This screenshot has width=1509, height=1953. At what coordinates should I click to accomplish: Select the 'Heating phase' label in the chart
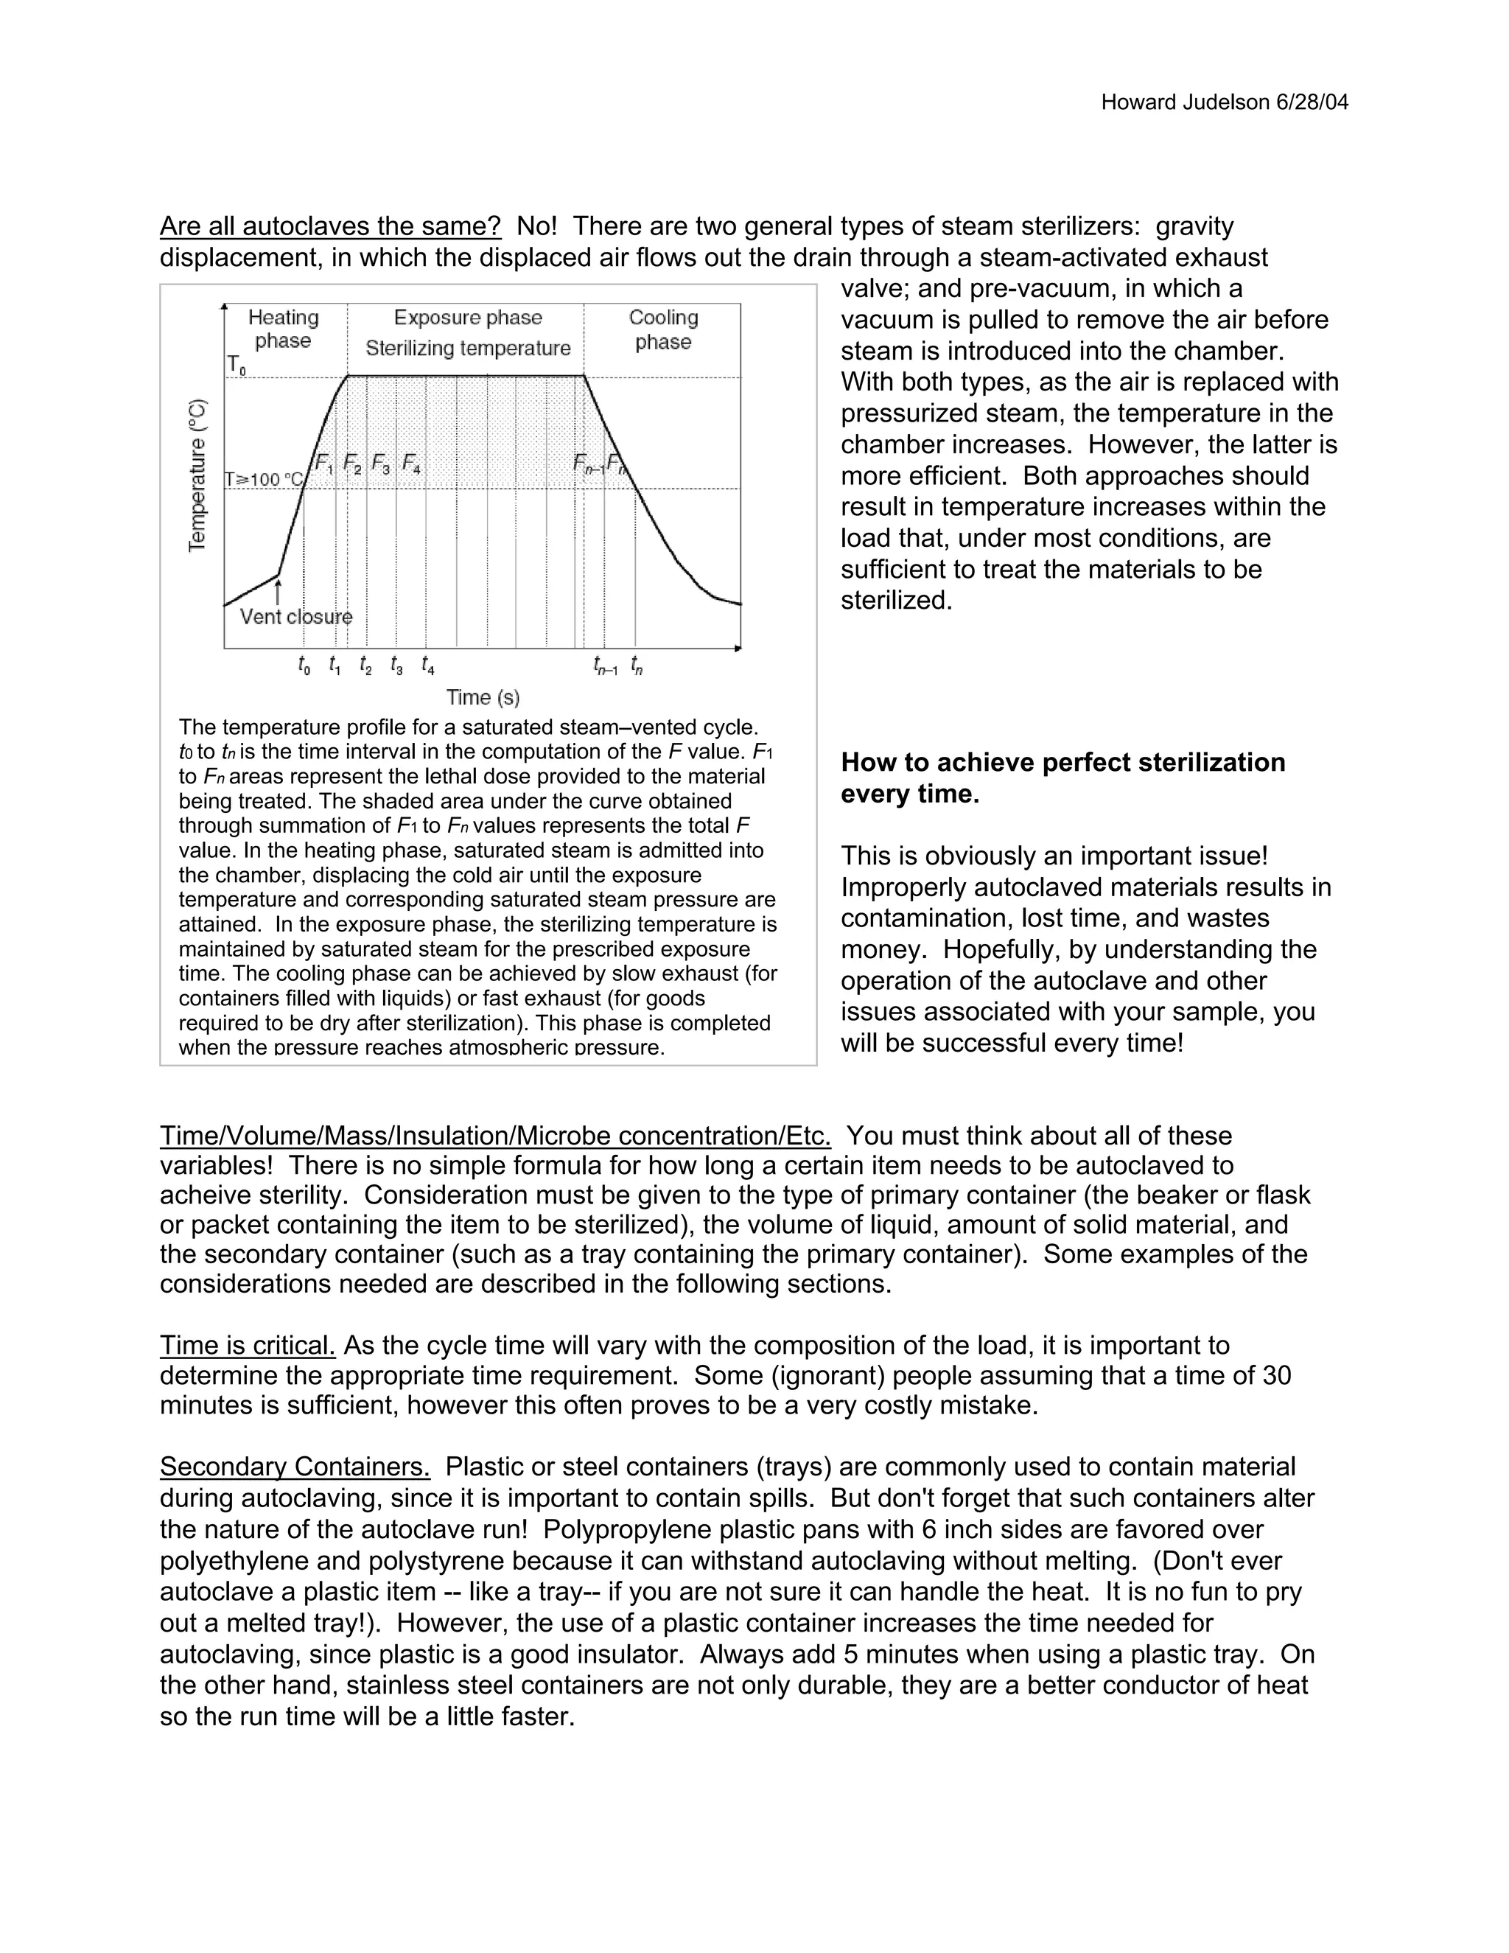[x=284, y=329]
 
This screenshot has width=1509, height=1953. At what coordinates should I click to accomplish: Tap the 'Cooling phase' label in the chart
[x=663, y=329]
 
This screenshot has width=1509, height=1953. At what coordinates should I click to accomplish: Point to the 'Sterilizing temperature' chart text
[x=468, y=349]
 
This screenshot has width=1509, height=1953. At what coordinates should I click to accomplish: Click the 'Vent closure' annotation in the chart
[x=296, y=617]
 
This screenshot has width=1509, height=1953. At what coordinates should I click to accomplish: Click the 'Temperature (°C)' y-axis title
[x=197, y=476]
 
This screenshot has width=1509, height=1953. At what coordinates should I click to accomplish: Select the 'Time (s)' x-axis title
[x=483, y=697]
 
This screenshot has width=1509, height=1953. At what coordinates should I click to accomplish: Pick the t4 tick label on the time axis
[x=428, y=665]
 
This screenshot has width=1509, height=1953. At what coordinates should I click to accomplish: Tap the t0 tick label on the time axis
[x=304, y=665]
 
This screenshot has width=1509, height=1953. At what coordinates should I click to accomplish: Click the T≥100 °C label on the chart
[x=264, y=479]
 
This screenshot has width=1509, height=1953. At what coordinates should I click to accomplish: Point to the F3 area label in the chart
[x=381, y=464]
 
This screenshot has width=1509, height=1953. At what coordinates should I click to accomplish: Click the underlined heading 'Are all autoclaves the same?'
[x=330, y=226]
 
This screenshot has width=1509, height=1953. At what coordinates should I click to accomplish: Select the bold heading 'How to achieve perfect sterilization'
[x=1063, y=763]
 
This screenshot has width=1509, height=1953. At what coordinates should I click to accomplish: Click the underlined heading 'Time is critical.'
[x=248, y=1346]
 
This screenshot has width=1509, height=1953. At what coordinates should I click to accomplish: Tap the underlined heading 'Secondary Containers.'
[x=295, y=1467]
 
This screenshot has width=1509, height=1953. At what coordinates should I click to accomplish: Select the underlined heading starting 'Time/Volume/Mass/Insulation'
[x=495, y=1136]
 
